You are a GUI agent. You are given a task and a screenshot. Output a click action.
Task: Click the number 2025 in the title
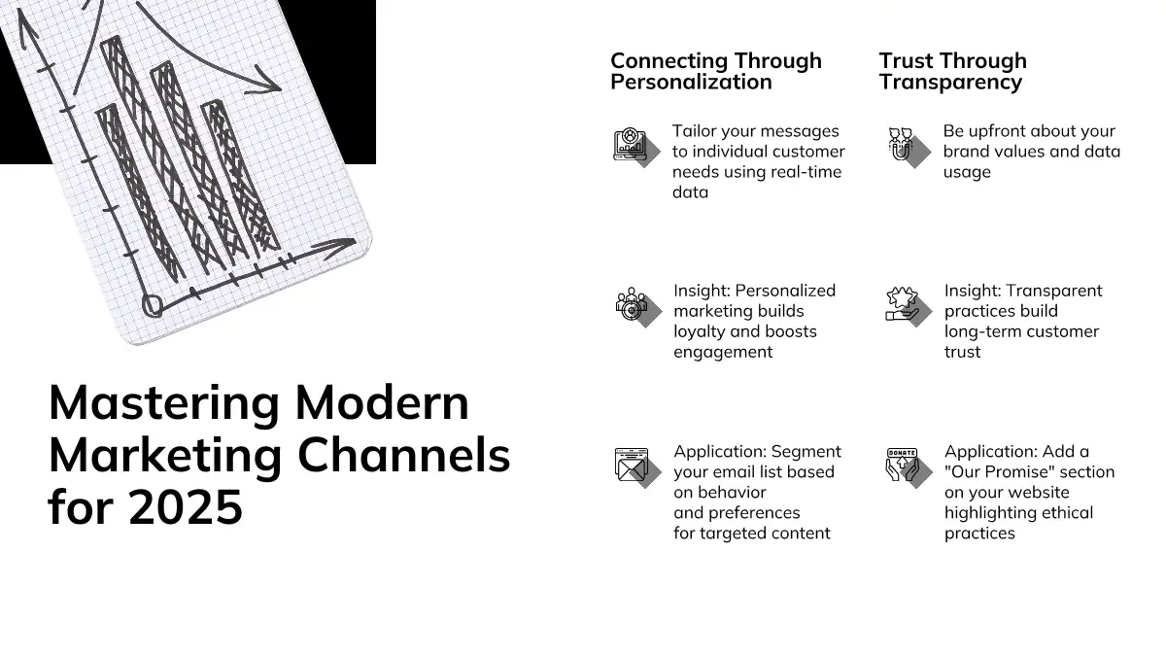186,506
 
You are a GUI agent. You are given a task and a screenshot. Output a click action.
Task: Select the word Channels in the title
404,455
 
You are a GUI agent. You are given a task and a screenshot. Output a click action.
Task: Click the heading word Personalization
691,83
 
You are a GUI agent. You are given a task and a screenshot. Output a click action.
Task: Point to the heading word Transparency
950,83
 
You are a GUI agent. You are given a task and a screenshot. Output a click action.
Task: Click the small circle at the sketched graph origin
152,305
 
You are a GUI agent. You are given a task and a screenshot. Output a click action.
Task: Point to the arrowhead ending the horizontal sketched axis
336,247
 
